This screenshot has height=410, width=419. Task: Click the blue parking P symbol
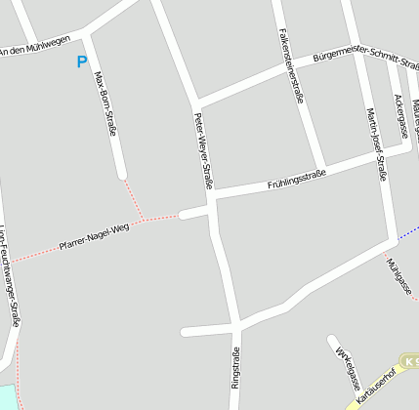pos(81,61)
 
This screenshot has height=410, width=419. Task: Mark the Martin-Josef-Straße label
pos(376,143)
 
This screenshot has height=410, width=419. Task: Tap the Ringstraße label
pos(235,368)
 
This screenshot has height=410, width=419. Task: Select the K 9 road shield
pos(411,361)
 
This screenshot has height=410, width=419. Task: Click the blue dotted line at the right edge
pos(409,231)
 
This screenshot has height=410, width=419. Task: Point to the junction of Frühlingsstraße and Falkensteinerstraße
pos(319,166)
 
